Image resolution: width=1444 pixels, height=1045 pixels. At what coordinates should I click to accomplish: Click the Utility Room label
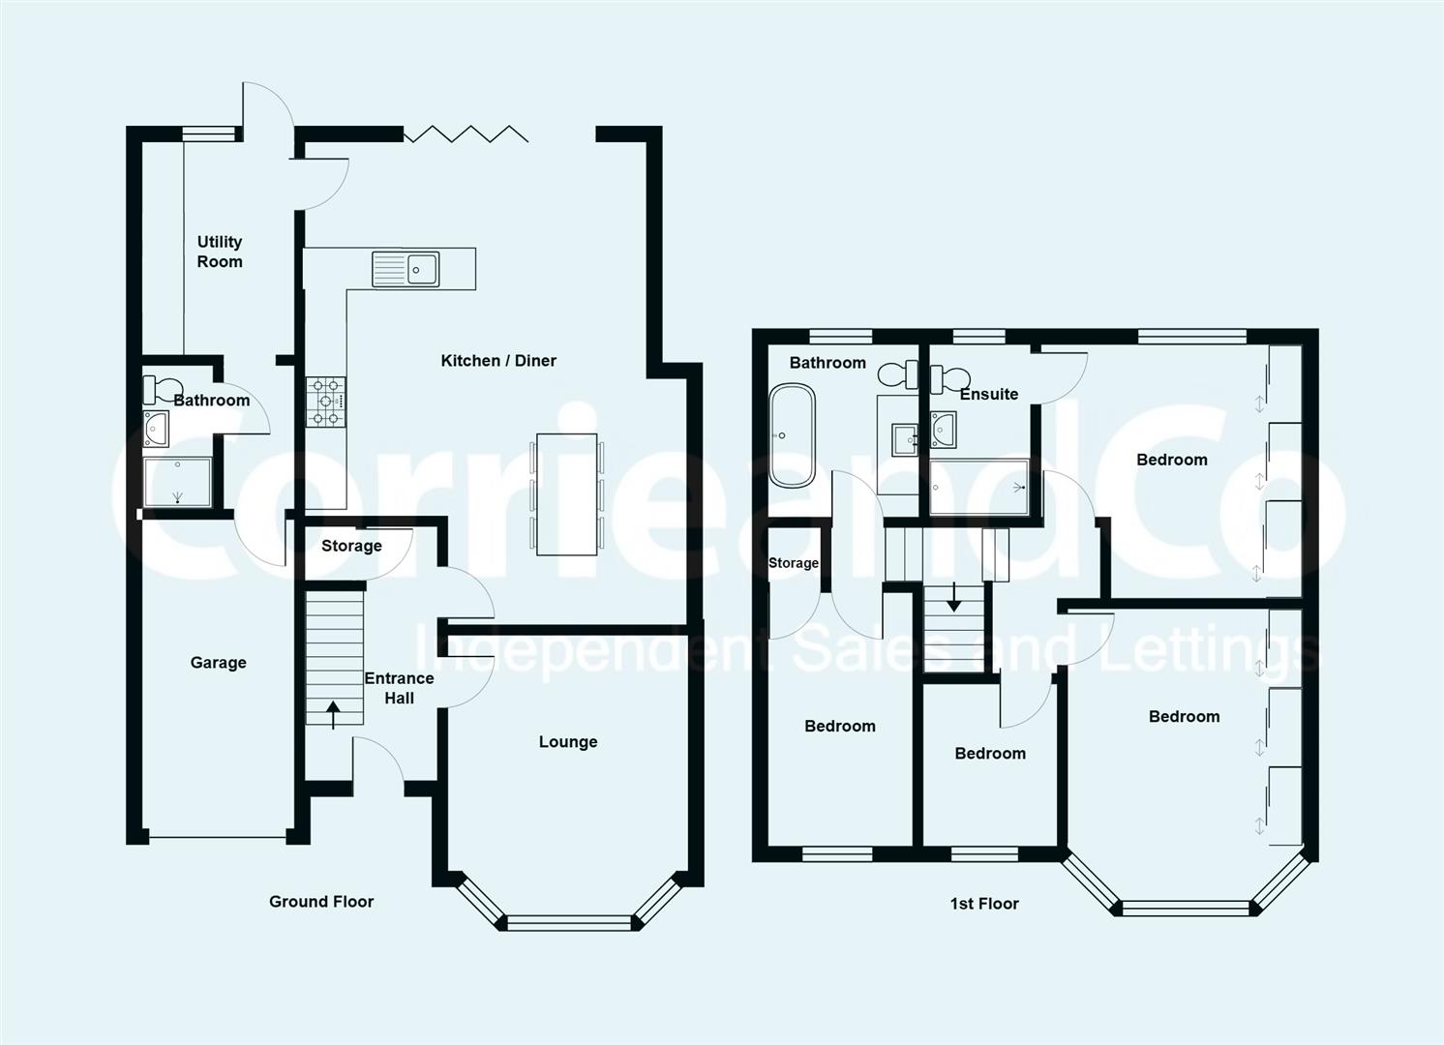pyautogui.click(x=220, y=252)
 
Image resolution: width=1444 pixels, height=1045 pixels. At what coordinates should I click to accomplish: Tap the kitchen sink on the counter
pyautogui.click(x=406, y=269)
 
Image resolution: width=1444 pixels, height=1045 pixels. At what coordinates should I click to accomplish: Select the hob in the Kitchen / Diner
pyautogui.click(x=326, y=402)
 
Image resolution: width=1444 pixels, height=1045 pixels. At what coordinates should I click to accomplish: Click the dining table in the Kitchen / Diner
pyautogui.click(x=567, y=494)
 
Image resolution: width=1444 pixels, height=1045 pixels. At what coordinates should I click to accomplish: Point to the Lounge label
pyautogui.click(x=568, y=742)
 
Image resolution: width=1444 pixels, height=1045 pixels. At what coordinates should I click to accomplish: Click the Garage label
pyautogui.click(x=218, y=663)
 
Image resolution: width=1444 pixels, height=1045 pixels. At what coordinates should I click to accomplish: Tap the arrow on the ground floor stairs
pyautogui.click(x=333, y=715)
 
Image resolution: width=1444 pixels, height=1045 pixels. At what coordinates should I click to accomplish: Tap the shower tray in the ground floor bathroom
pyautogui.click(x=177, y=482)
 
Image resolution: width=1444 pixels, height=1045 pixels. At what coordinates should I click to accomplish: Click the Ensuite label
pyautogui.click(x=989, y=394)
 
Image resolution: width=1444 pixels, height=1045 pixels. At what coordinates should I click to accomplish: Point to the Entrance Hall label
pyautogui.click(x=399, y=688)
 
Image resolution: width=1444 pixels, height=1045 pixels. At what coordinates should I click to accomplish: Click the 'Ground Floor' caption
pyautogui.click(x=321, y=902)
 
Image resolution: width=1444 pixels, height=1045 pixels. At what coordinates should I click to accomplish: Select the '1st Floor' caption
pyautogui.click(x=984, y=904)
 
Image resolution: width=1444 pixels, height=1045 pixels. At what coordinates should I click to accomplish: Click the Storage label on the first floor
pyautogui.click(x=794, y=563)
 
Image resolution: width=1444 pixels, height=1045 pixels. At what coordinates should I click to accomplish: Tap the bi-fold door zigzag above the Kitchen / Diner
pyautogui.click(x=466, y=134)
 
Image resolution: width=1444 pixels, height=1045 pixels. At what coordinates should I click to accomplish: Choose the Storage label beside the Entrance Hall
pyautogui.click(x=351, y=546)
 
